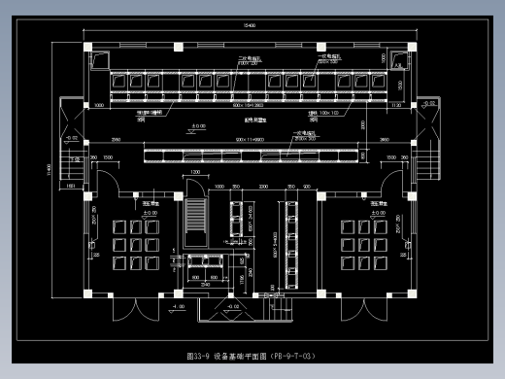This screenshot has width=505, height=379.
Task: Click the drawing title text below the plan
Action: pos(252,357)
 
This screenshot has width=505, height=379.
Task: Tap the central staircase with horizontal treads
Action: pos(196,224)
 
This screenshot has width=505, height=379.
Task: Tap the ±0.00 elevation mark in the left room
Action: pos(151,211)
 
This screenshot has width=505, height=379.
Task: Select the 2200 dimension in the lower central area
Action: pos(263,185)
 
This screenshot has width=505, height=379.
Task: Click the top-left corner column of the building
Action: pos(87,45)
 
